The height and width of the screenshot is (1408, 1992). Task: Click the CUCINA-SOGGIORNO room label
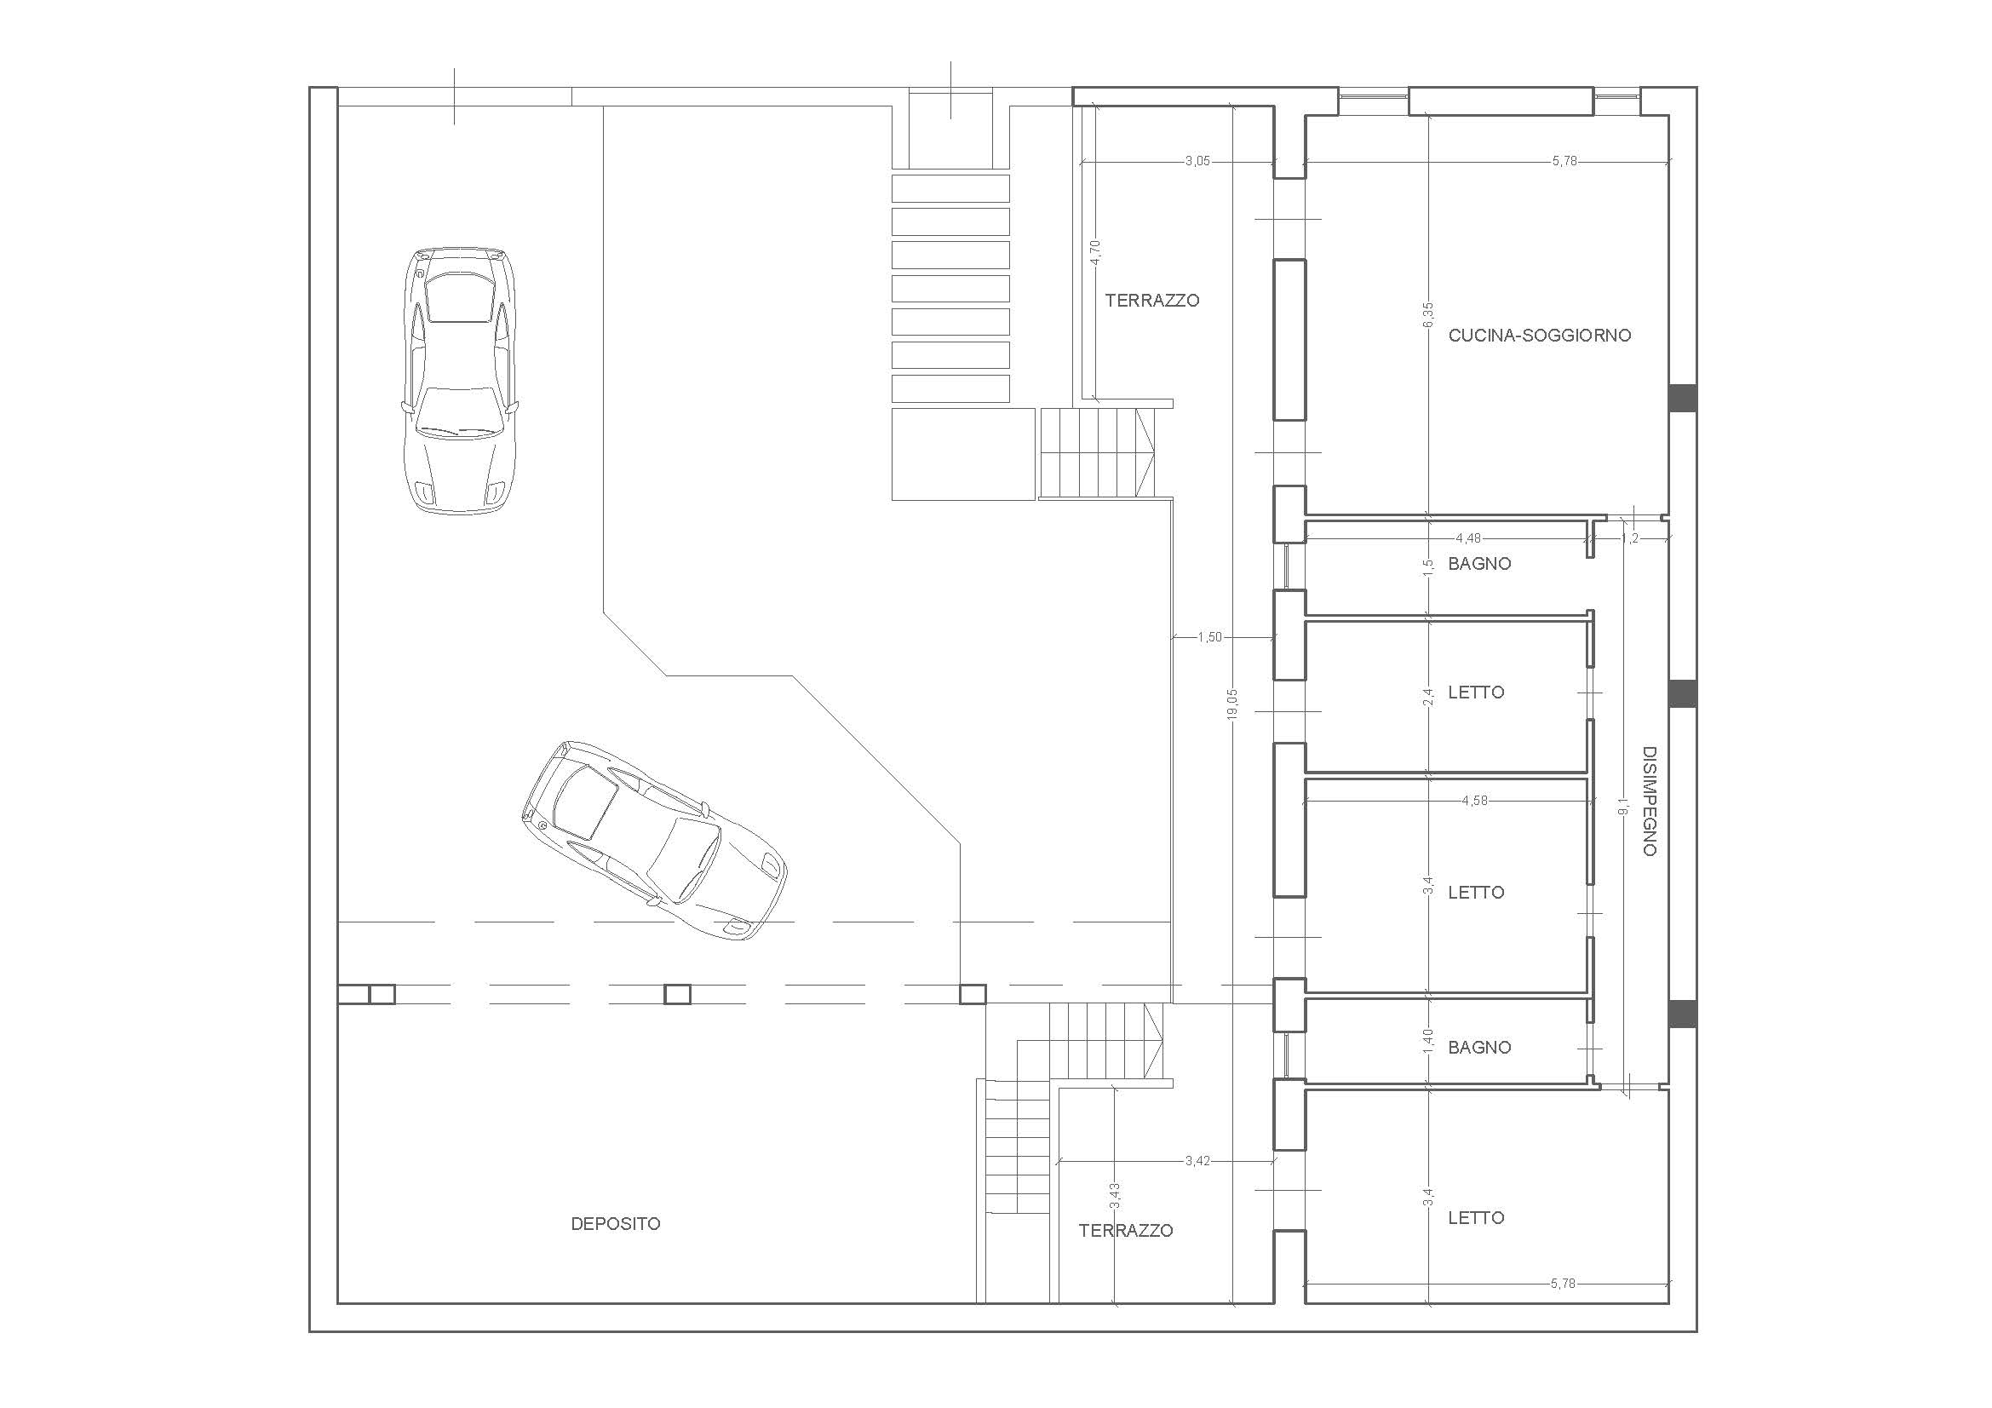coord(1540,335)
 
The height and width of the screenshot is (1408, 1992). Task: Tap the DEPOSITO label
coord(615,1224)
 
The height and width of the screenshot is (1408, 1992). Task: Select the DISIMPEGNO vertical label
coord(1650,801)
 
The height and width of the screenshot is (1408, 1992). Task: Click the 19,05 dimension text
coord(1233,703)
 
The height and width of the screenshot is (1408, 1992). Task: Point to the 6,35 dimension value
coord(1428,314)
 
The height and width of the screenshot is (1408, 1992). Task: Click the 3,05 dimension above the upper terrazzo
coord(1197,161)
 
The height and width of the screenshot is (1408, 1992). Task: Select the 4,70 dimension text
coord(1096,251)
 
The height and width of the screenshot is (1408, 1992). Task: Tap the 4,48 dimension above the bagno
coord(1469,537)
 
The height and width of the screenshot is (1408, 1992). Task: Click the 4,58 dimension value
coord(1474,801)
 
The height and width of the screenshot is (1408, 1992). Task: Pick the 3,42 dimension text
coord(1197,1161)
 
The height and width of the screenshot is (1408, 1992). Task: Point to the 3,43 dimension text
coord(1115,1195)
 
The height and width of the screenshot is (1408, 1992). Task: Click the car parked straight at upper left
coord(461,380)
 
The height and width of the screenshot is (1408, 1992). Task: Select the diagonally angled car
coord(654,840)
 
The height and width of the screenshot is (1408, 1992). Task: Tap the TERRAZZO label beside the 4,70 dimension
coord(1152,301)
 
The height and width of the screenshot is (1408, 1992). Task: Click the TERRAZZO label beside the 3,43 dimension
coord(1126,1231)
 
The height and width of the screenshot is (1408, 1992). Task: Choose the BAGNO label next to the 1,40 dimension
coord(1479,1048)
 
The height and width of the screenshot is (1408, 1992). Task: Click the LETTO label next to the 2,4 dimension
coord(1476,693)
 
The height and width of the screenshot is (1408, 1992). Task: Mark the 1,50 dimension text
coord(1209,638)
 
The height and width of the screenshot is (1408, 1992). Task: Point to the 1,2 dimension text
coord(1630,537)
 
